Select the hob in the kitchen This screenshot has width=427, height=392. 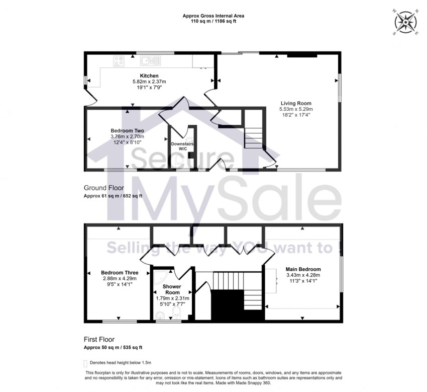pos(120,61)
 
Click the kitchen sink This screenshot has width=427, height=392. pos(150,61)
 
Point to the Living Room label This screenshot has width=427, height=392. pos(296,103)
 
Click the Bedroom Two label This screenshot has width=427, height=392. pos(127,131)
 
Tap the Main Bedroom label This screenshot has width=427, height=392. pos(303,269)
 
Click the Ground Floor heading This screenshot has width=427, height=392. pos(103,188)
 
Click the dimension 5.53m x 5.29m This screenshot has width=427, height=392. pos(296,109)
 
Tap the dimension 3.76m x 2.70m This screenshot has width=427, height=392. pos(127,136)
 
